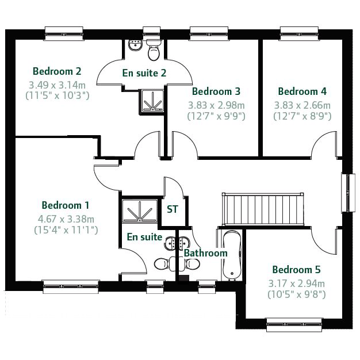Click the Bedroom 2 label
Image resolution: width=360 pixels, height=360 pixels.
[x=57, y=71]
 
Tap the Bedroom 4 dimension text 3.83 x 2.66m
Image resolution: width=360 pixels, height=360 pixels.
[x=302, y=105]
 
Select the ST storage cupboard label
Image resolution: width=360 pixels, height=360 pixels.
[x=172, y=209]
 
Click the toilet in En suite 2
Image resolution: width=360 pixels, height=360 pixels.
[x=154, y=50]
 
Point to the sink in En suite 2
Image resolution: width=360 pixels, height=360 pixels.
[x=135, y=45]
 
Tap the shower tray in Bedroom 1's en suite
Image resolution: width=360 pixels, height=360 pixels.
[x=140, y=211]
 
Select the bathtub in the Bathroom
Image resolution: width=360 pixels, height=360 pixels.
[x=232, y=255]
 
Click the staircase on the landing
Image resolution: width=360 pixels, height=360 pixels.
[x=263, y=209]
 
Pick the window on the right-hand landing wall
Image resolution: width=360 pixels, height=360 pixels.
[x=348, y=193]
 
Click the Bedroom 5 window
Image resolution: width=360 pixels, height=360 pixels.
[x=294, y=325]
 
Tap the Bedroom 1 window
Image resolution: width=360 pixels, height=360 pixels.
[x=71, y=286]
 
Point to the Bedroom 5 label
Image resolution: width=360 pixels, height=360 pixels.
[x=296, y=270]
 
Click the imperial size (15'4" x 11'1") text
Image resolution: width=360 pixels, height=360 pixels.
[x=66, y=230]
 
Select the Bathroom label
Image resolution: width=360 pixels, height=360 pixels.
[x=206, y=253]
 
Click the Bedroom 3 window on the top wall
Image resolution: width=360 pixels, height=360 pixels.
[x=209, y=33]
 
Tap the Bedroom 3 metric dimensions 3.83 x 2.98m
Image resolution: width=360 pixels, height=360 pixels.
[x=216, y=105]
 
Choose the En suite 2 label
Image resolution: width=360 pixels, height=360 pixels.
[x=144, y=73]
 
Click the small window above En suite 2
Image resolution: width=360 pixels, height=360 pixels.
[x=151, y=33]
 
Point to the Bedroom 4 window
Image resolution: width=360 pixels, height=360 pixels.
[x=299, y=33]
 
